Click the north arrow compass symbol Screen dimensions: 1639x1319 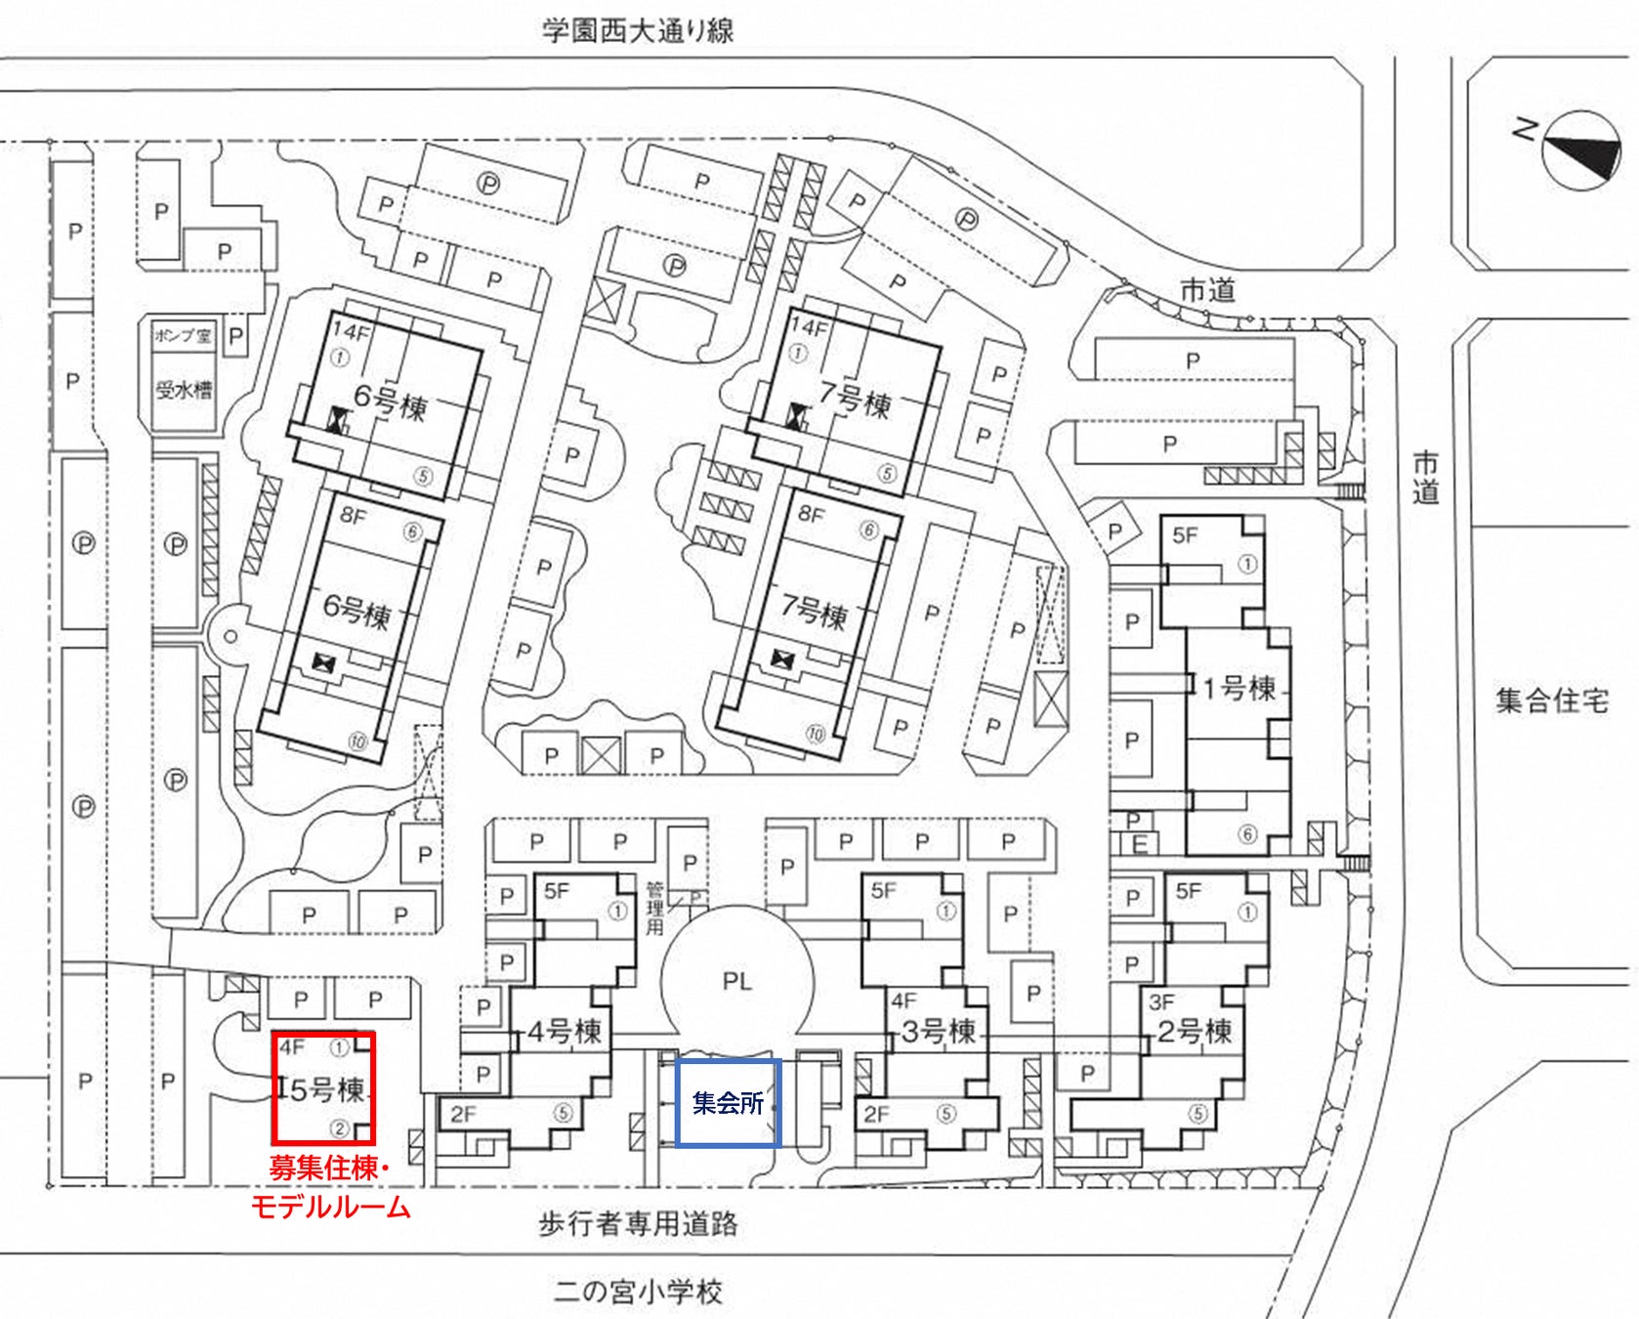pos(1580,149)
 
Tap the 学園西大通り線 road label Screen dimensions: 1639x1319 pos(638,30)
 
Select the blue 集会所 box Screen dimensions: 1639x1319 pos(728,1102)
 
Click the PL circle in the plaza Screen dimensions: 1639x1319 pos(736,981)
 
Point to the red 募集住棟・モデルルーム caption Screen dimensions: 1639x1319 pos(330,1188)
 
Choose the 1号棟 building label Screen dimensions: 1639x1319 pos(1239,689)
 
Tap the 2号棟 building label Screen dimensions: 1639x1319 pos(1194,1032)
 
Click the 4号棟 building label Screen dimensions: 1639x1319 pos(564,1032)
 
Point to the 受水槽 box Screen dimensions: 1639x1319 pos(183,390)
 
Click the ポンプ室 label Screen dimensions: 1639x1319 pos(182,335)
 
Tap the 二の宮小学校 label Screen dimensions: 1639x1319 pos(638,1292)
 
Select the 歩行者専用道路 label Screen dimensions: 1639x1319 pos(638,1223)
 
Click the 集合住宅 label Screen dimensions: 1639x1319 pos(1551,701)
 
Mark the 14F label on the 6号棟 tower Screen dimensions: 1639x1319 pos(352,331)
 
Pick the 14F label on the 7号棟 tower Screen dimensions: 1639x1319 pos(810,326)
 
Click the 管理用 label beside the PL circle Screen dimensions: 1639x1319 pos(654,908)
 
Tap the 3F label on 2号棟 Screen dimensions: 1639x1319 pos(1161,1001)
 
